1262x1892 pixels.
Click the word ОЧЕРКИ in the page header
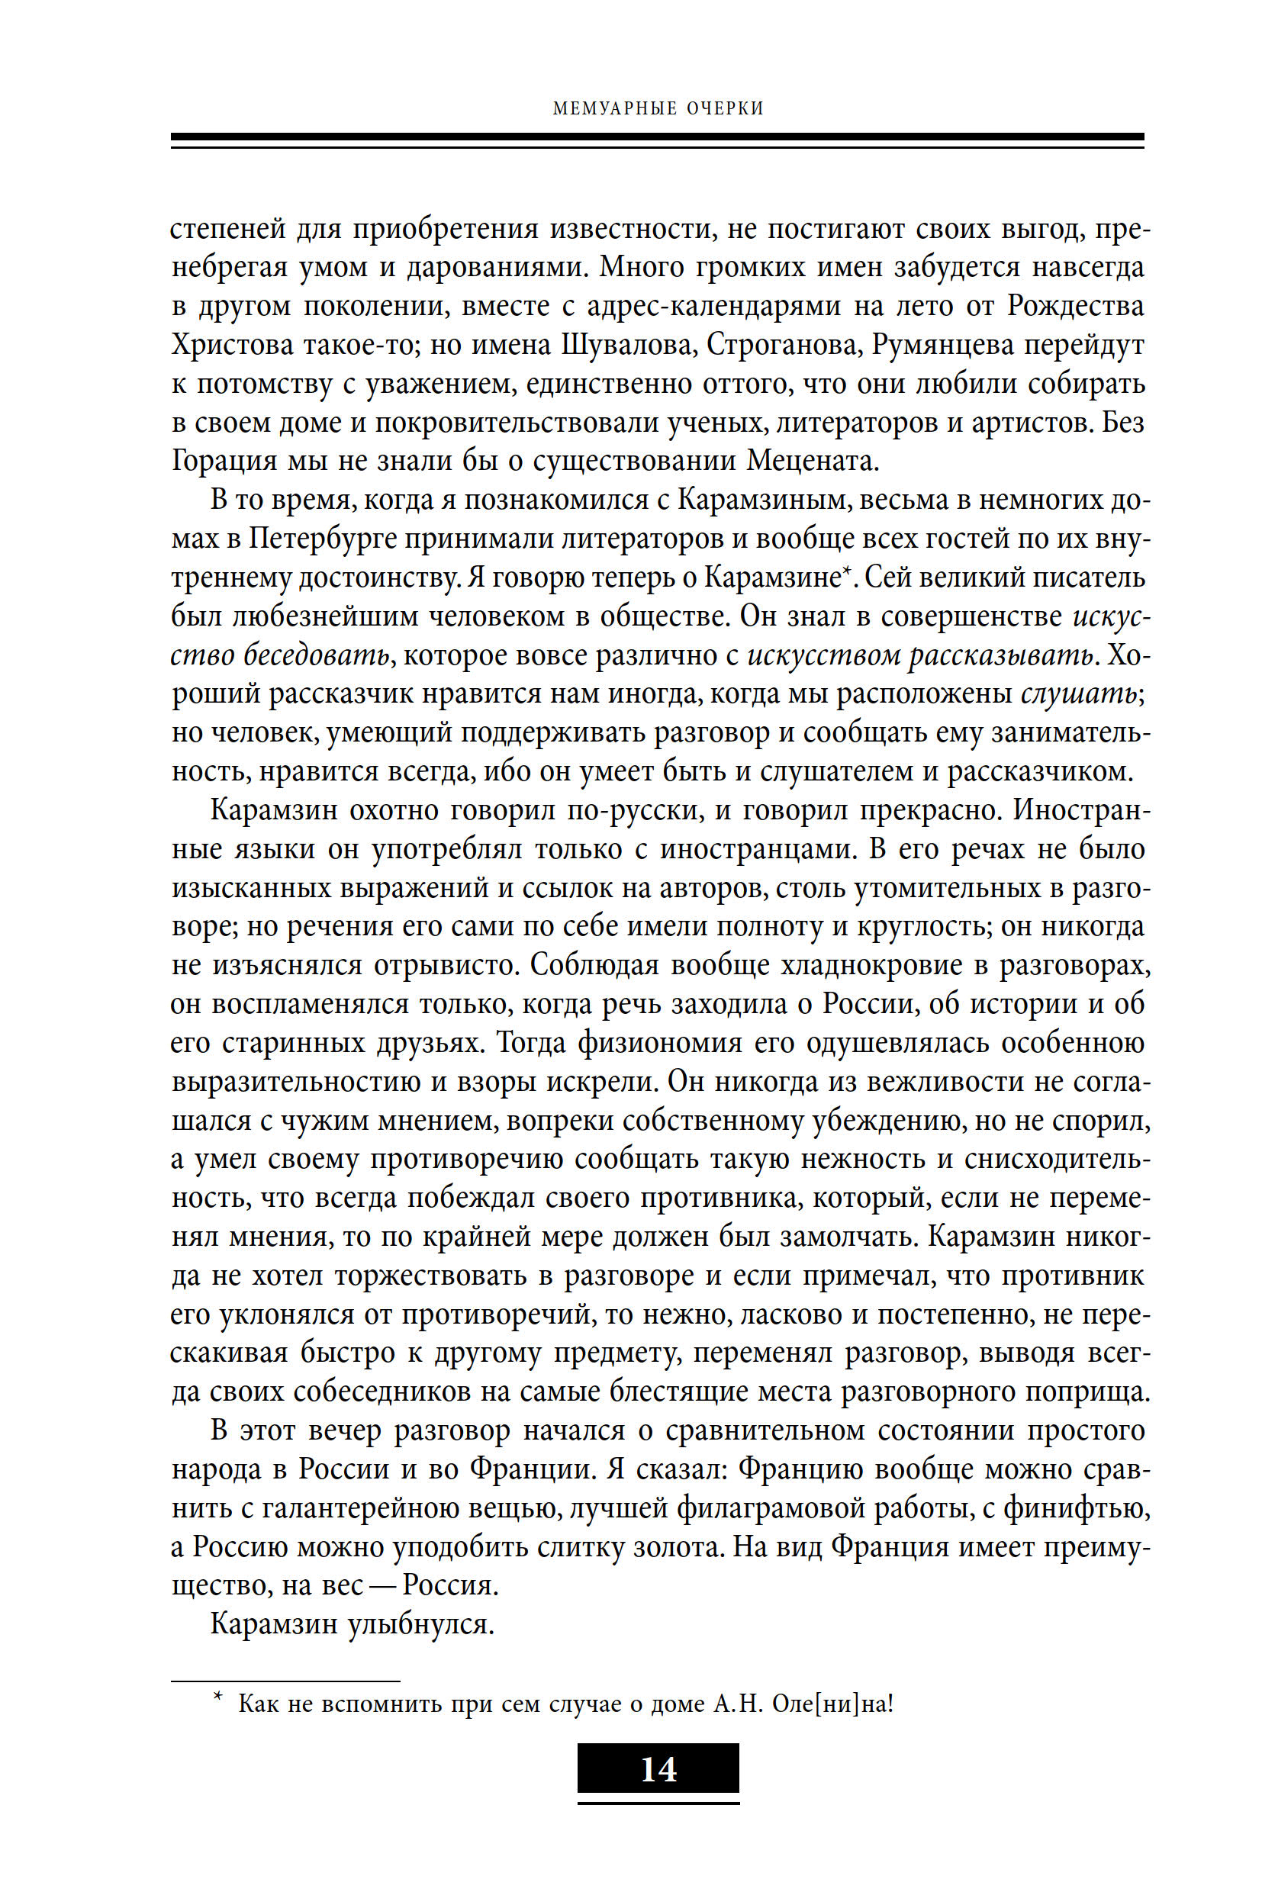[724, 108]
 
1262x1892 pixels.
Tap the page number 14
[658, 1769]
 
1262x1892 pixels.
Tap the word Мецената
[811, 462]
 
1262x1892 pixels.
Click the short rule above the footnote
[285, 1681]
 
